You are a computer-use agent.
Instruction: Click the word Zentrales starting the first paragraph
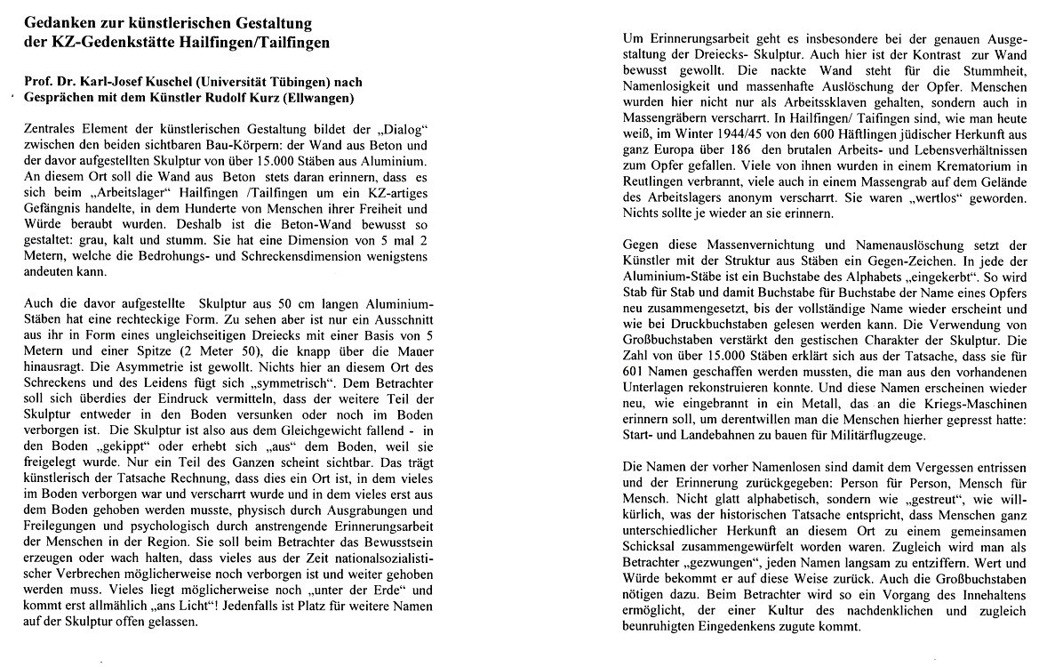point(50,130)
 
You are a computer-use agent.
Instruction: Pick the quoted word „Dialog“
point(404,130)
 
